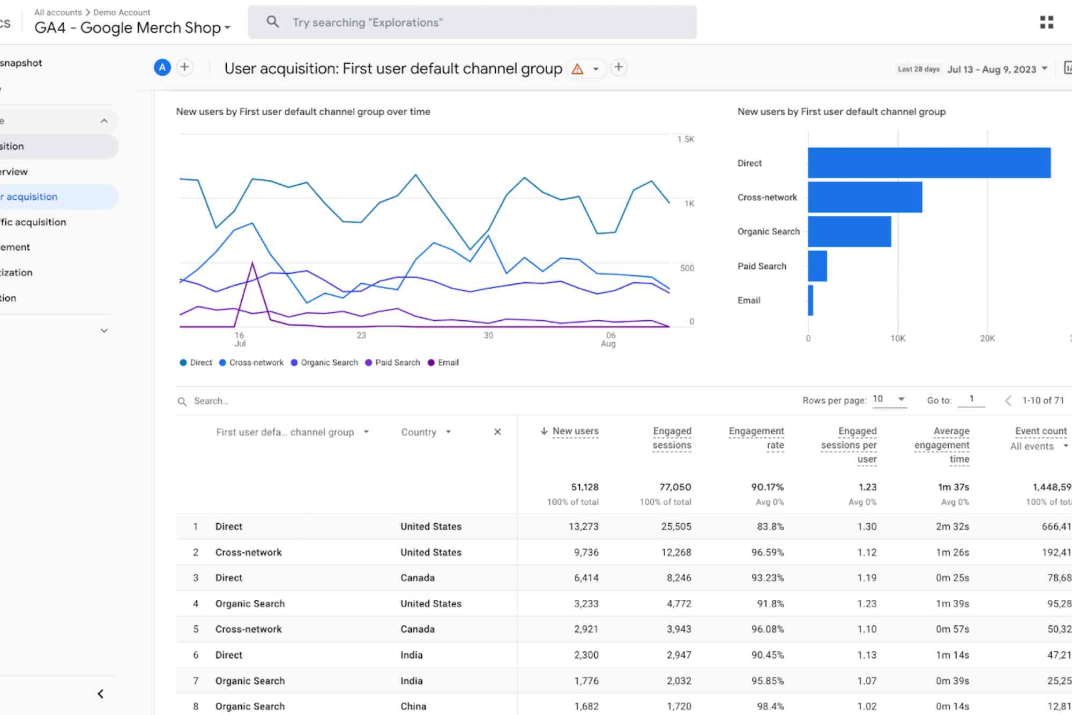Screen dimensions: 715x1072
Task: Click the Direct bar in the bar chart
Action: point(929,163)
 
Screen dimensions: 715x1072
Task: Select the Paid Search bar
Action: point(817,266)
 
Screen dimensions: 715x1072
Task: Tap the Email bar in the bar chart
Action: point(810,300)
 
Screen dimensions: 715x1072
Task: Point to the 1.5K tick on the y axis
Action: point(685,139)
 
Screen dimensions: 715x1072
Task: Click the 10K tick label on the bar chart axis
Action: point(897,338)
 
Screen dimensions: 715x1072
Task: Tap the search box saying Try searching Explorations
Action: point(472,22)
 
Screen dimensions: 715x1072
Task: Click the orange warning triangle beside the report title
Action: point(577,69)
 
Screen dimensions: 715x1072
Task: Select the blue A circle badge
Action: point(162,67)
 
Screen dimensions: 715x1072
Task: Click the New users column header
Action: point(575,431)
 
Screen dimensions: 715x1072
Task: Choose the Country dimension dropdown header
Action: point(426,432)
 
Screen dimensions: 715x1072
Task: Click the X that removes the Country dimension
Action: point(497,432)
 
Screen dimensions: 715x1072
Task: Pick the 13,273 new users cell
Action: point(583,526)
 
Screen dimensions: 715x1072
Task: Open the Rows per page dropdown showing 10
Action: point(889,400)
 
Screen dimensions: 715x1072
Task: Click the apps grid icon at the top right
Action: point(1046,22)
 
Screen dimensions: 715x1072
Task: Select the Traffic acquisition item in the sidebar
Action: point(33,222)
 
